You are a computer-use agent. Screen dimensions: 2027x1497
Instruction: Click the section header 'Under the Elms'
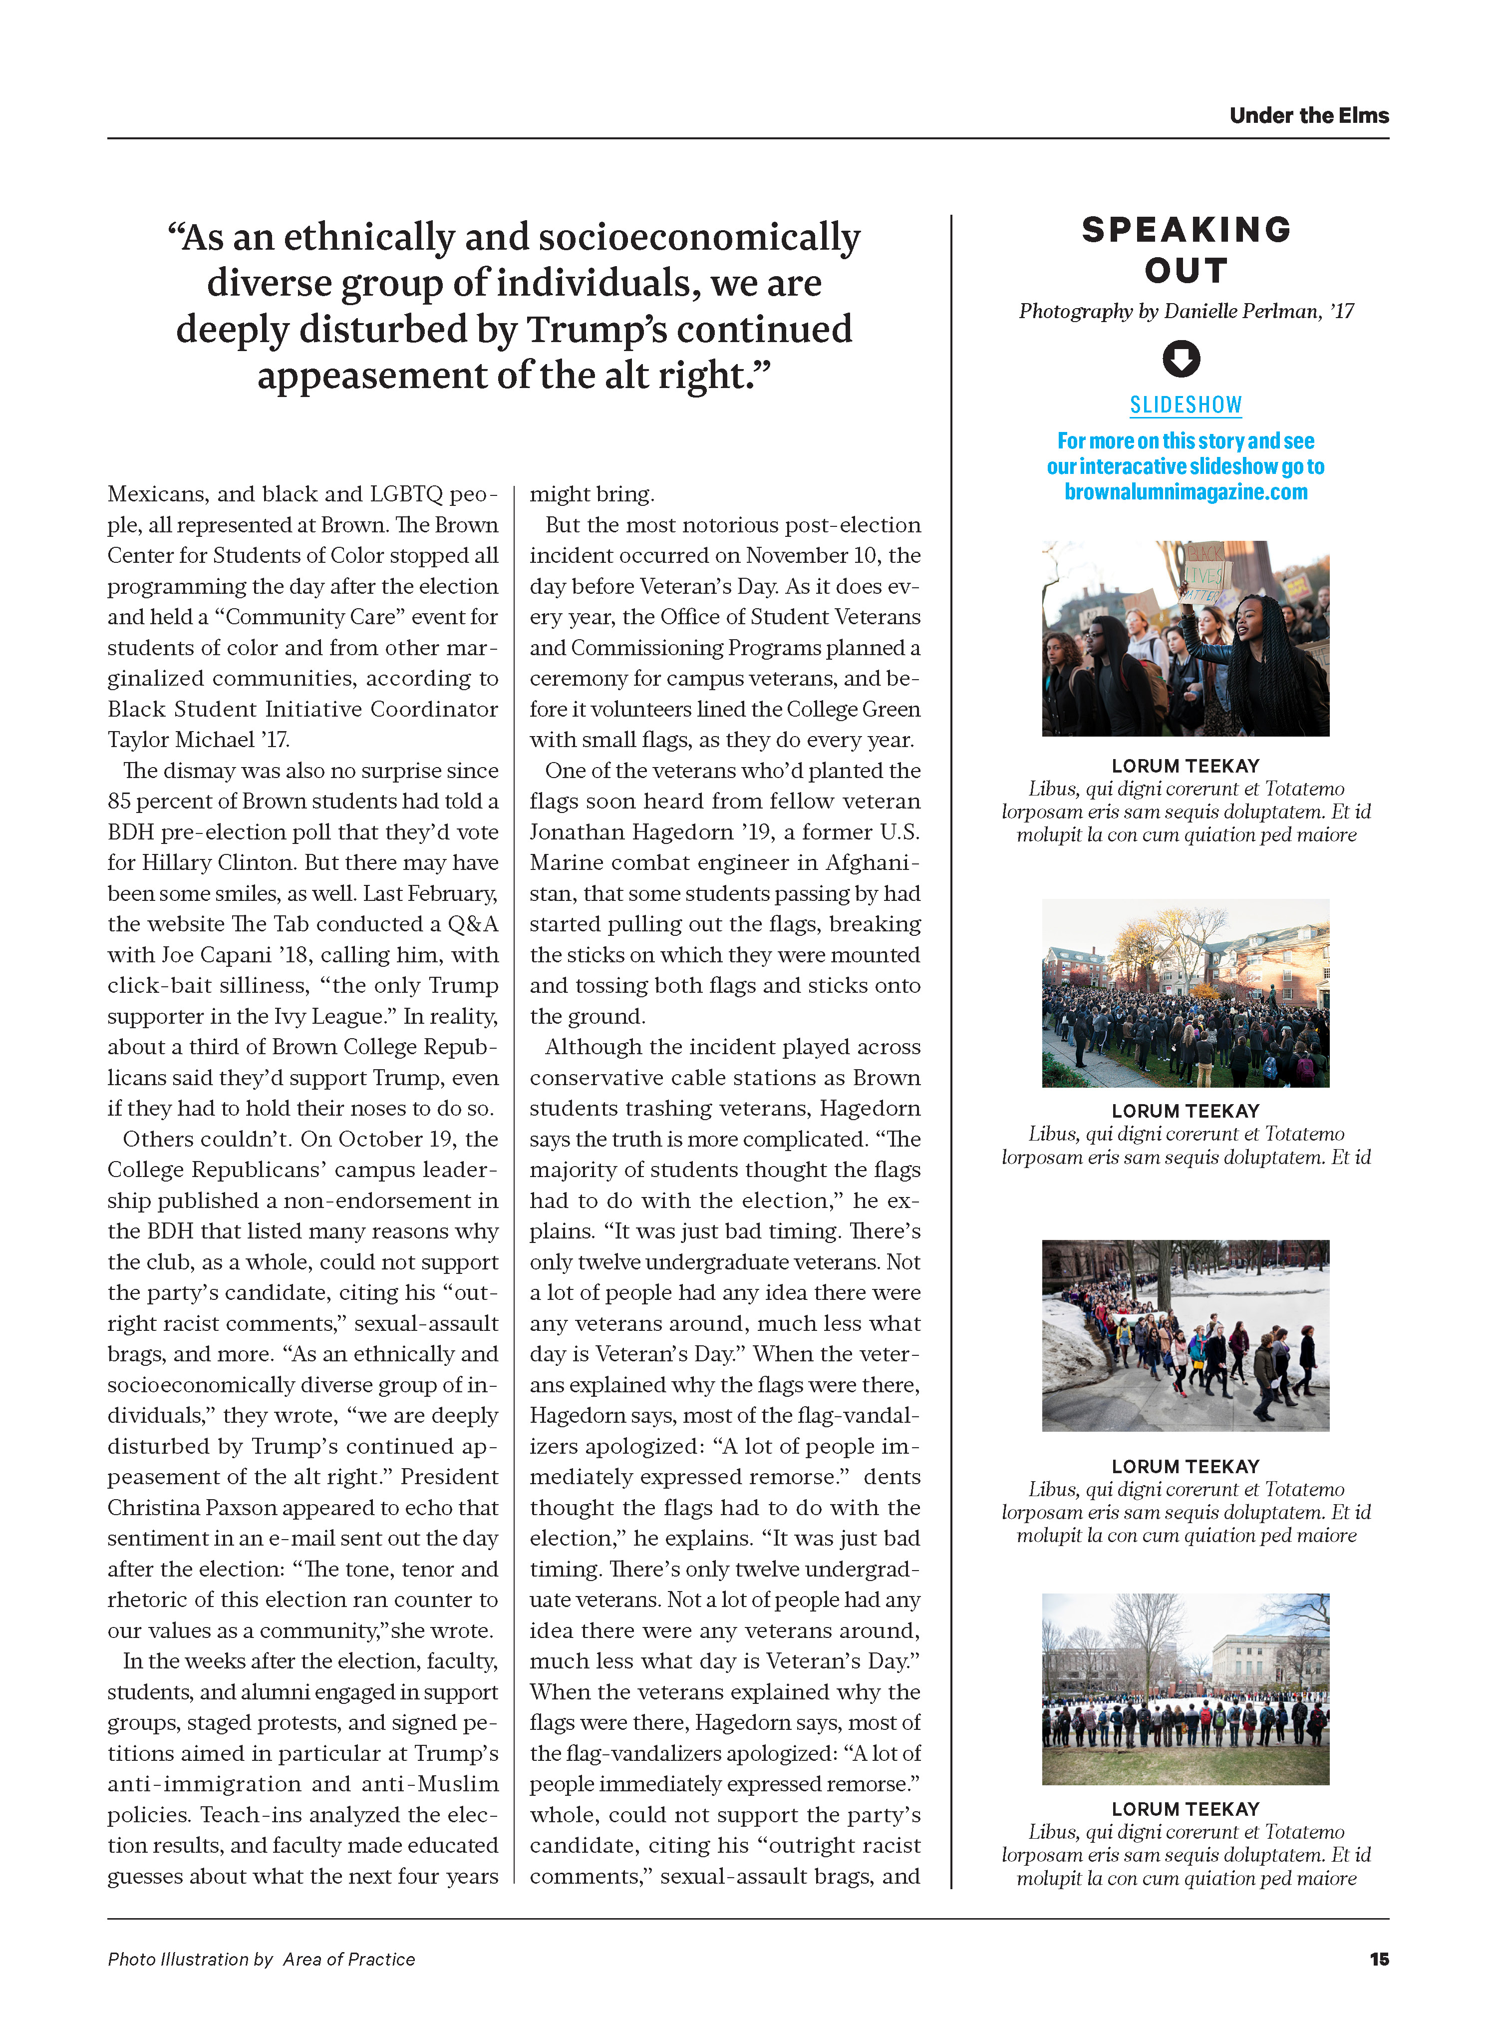tap(1308, 116)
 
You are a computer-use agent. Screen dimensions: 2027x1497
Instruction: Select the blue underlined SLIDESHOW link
tap(1186, 405)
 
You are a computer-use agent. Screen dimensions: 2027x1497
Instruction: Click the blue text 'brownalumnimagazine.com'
tap(1186, 492)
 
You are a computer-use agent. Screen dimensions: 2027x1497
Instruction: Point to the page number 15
tap(1378, 1959)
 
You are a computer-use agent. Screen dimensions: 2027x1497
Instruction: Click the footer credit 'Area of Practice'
tap(349, 1959)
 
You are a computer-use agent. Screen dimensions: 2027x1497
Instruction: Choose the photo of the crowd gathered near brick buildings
tap(1186, 993)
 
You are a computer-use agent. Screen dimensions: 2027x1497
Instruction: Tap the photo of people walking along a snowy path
tap(1186, 1335)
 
